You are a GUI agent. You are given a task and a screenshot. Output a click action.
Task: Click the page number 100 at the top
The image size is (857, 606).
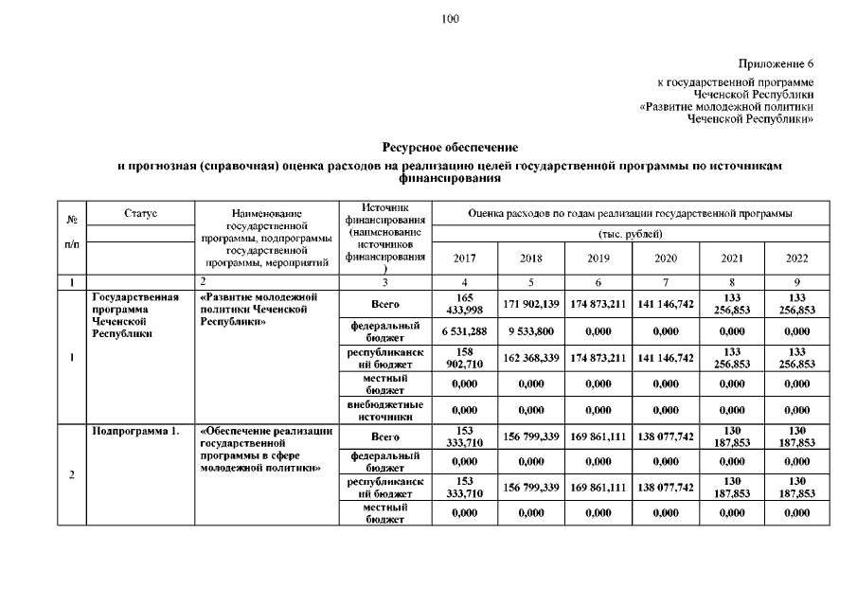click(450, 19)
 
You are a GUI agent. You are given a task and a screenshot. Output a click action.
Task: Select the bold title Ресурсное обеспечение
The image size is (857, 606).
click(450, 147)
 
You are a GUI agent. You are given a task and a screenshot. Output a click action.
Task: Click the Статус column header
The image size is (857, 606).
click(140, 214)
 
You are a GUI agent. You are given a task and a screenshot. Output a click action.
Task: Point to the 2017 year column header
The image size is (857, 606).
click(465, 258)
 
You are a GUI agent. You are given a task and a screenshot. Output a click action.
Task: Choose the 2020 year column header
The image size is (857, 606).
click(665, 258)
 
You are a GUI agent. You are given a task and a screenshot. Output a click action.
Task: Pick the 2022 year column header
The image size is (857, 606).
click(797, 258)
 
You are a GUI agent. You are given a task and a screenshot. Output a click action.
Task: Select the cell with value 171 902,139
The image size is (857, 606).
click(531, 304)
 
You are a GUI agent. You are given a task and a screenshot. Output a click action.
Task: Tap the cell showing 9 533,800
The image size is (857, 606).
click(531, 330)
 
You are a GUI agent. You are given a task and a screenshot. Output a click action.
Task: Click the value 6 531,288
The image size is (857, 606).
click(465, 330)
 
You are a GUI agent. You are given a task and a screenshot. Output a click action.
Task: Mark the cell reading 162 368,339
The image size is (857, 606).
click(531, 358)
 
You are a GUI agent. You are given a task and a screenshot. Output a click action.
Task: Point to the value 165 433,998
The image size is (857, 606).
click(465, 304)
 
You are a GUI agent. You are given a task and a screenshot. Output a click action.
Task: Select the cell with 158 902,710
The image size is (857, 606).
click(465, 358)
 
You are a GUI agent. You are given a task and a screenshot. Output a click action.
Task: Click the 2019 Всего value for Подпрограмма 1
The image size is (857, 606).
click(598, 437)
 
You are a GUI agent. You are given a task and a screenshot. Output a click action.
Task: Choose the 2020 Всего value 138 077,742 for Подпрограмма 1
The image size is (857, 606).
click(665, 437)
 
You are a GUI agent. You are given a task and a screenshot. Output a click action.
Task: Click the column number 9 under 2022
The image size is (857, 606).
click(797, 282)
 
